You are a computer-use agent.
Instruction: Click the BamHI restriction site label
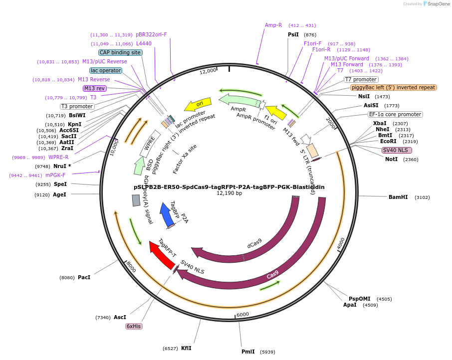(x=398, y=197)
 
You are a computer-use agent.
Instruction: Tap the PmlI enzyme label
(x=248, y=352)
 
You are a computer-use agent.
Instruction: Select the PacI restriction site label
(x=84, y=277)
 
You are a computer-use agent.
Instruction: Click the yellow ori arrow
(x=198, y=104)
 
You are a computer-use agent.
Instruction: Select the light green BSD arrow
(x=139, y=166)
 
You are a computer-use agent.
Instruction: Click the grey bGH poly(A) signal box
(x=136, y=200)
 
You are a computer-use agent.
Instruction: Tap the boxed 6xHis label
(x=134, y=326)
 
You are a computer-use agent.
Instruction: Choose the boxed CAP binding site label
(x=120, y=52)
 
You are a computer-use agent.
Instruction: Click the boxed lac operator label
(x=106, y=70)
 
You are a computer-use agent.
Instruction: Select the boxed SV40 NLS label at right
(x=397, y=150)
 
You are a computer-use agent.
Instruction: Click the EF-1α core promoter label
(x=396, y=114)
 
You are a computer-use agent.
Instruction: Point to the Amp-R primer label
(x=273, y=25)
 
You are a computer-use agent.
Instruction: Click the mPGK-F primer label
(x=55, y=175)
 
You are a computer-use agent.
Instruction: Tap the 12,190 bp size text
(x=229, y=193)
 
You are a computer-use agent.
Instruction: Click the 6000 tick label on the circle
(x=242, y=314)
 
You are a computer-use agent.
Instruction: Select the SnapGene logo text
(x=438, y=4)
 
